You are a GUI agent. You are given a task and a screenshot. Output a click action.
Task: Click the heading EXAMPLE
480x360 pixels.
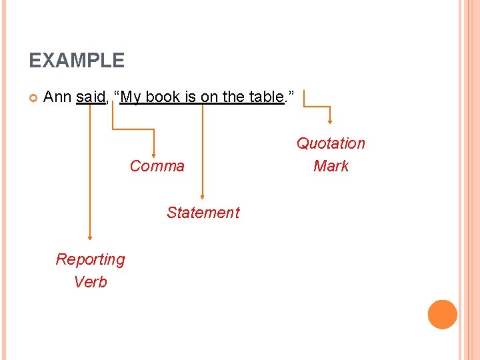(77, 61)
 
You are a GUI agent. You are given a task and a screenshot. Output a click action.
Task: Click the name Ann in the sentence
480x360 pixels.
(57, 97)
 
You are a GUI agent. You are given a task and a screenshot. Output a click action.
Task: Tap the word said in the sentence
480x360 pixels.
(91, 97)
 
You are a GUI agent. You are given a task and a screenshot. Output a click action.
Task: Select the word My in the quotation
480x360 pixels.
(131, 97)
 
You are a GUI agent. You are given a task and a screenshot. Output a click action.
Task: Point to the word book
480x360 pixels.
(163, 97)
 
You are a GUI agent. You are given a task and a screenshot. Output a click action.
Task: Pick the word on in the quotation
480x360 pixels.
(209, 97)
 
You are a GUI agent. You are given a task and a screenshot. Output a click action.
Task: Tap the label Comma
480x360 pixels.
(157, 166)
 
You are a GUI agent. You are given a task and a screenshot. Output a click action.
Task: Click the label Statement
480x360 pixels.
(203, 213)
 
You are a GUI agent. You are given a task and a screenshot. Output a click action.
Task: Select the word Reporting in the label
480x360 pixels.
(90, 259)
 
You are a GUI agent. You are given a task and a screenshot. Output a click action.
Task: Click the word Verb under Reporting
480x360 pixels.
(90, 282)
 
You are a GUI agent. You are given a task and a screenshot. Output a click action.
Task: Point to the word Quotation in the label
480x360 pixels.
(331, 143)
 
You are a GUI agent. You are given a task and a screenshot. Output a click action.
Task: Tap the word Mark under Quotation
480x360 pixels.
(331, 166)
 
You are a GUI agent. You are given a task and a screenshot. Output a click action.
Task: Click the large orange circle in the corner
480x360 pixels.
(442, 315)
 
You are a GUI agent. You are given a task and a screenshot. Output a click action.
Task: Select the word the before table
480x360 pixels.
(233, 97)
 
